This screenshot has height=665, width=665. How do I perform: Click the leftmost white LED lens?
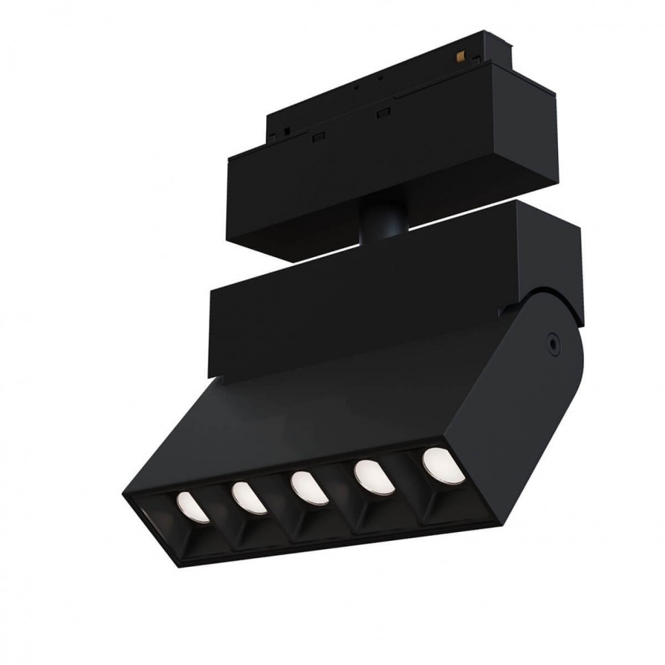click(x=192, y=506)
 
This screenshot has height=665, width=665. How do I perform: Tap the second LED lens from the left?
click(x=247, y=497)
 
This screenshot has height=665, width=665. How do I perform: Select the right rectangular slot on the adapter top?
click(x=385, y=112)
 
